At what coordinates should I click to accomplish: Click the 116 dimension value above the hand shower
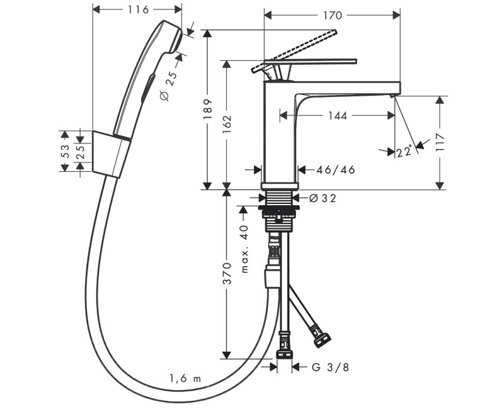tap(138, 10)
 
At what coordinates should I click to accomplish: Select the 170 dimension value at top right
tap(333, 15)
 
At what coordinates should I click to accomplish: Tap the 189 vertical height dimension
tap(208, 109)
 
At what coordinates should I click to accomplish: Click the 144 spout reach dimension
tap(338, 116)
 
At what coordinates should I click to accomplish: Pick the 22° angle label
tap(404, 151)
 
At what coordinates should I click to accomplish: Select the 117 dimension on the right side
tap(439, 142)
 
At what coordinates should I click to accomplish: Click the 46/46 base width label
tap(336, 169)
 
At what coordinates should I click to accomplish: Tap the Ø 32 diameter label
tap(323, 198)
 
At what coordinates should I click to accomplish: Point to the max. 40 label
tap(244, 249)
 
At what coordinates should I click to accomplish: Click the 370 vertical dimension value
tap(227, 273)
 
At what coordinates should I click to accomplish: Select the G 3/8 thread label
tap(330, 367)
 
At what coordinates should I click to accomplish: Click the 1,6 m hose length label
tap(185, 379)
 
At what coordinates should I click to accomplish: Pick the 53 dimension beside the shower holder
tap(65, 151)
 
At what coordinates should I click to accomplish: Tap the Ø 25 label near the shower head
tap(168, 86)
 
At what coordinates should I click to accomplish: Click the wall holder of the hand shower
tap(112, 154)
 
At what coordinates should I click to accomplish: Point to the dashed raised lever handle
tap(294, 51)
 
